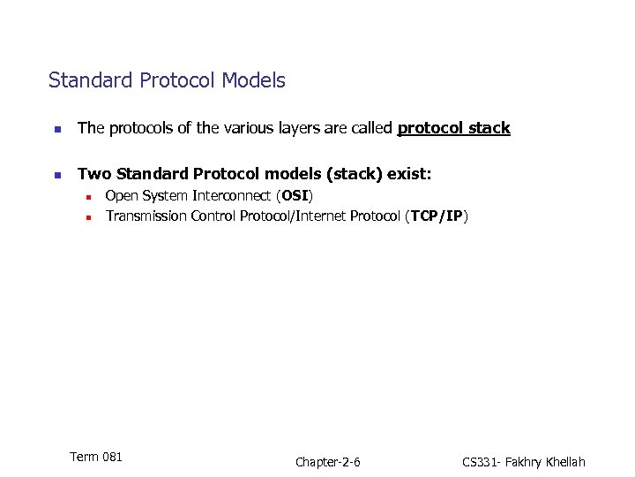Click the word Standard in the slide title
coord(86,80)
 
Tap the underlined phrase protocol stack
coord(453,129)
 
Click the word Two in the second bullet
coord(93,175)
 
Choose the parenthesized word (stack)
coord(343,175)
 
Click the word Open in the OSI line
coord(122,195)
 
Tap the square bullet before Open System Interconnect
coord(88,196)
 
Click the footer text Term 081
coord(95,457)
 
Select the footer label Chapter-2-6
coord(328,462)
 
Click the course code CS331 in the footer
coord(481,462)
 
